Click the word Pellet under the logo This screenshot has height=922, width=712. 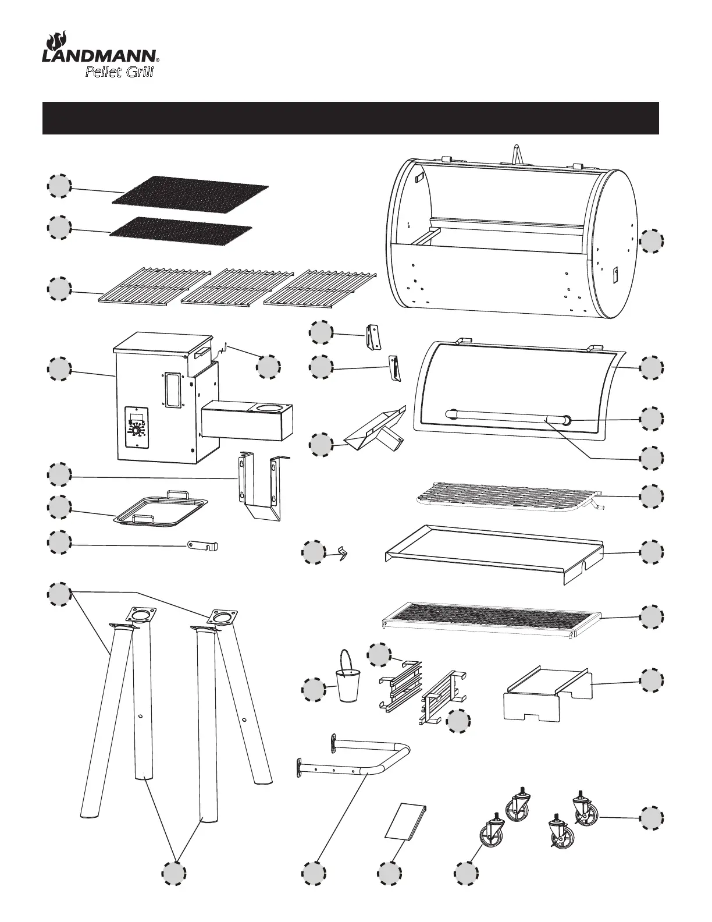coord(104,73)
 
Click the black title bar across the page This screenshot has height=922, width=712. coord(350,118)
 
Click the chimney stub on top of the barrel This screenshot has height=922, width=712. coord(515,156)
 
